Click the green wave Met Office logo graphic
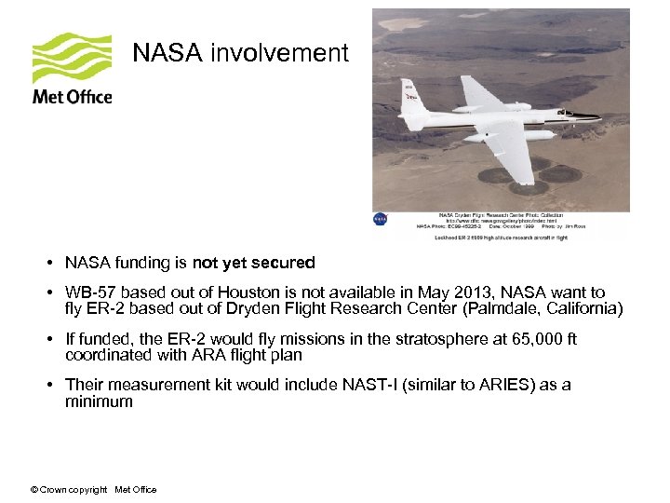point(72,59)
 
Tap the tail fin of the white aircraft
point(409,94)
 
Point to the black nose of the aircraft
point(596,116)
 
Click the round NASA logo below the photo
point(380,219)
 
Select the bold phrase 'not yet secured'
point(254,263)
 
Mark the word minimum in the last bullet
point(99,401)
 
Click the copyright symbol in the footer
point(34,490)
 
